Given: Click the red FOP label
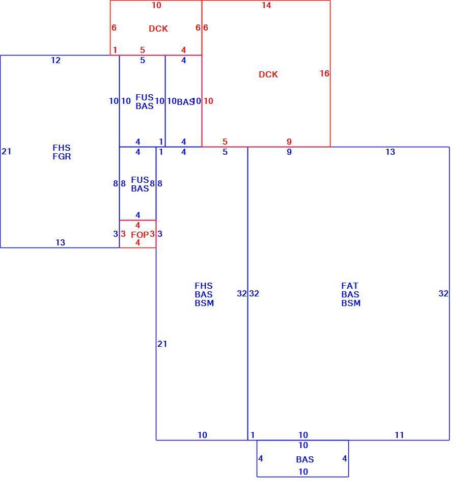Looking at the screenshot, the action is (x=140, y=235).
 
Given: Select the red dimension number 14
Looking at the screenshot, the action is (x=266, y=6).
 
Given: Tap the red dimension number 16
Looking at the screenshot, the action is (x=324, y=73).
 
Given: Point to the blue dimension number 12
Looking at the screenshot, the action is (x=56, y=60).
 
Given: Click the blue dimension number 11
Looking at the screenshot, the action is (x=399, y=435).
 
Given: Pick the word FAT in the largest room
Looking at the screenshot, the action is (x=350, y=286).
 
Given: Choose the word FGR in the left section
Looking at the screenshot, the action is (x=62, y=156).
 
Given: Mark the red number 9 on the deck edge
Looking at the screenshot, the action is (x=289, y=142).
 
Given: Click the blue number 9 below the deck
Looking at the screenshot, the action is (x=289, y=152).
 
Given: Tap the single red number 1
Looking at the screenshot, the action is (x=115, y=50).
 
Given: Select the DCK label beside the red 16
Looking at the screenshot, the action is (x=268, y=74).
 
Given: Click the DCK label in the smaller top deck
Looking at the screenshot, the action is (x=158, y=29).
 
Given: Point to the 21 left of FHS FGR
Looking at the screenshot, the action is (x=6, y=152).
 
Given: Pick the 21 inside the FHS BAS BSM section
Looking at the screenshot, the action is (x=162, y=344).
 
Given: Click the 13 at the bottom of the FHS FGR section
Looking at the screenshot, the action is (x=61, y=242).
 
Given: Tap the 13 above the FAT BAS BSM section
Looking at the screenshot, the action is (x=390, y=152).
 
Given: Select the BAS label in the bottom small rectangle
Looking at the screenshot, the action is (x=305, y=459).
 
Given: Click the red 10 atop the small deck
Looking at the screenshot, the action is (x=156, y=6).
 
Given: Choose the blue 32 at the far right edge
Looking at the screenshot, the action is (x=444, y=294).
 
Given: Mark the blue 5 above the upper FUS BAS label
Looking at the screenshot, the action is (x=143, y=60).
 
